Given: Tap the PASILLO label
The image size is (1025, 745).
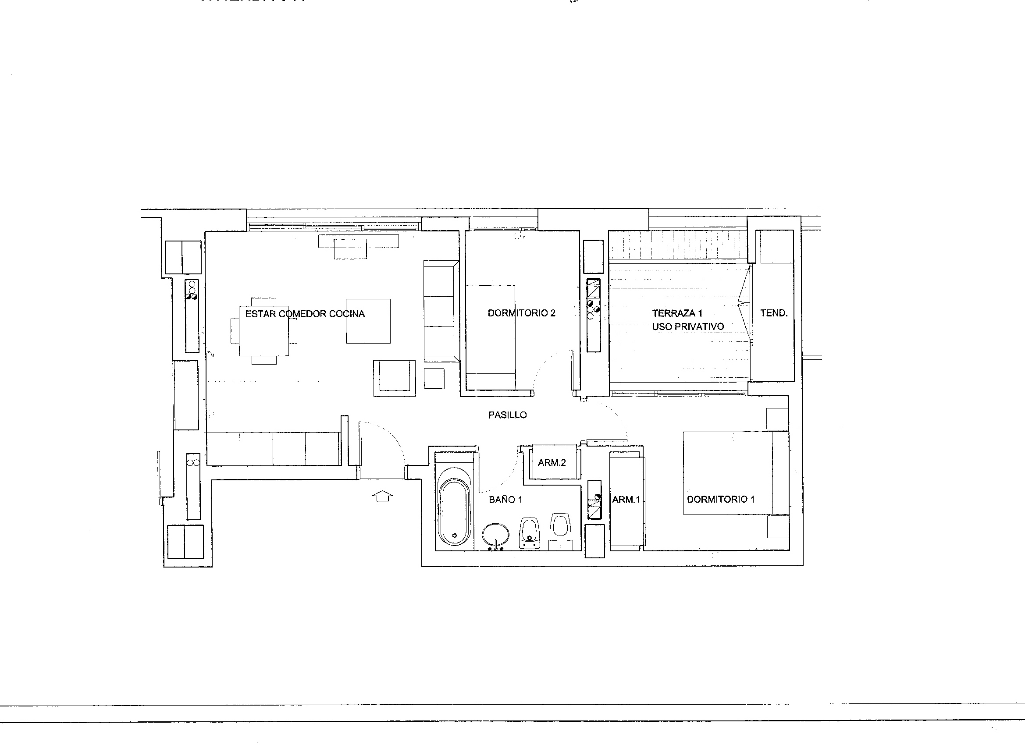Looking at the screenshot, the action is tap(508, 415).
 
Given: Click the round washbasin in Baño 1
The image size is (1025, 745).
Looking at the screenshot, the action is tap(496, 536).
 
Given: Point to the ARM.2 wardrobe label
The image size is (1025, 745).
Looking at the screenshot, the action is tap(552, 463).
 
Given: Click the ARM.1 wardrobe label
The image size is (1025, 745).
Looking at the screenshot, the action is tap(626, 500).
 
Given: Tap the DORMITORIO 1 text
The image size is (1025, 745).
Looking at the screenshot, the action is tap(720, 499).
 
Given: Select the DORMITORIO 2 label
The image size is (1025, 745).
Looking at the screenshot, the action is tap(521, 313).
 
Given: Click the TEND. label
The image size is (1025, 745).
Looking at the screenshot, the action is tap(774, 312).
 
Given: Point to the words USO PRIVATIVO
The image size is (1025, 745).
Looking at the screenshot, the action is tap(688, 326).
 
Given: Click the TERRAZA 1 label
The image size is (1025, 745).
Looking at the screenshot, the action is tap(677, 313).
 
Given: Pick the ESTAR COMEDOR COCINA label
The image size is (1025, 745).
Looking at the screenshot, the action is tap(305, 313).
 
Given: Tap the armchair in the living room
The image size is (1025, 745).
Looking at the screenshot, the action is tap(395, 378).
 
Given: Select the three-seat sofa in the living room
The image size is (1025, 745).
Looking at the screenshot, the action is tap(441, 311).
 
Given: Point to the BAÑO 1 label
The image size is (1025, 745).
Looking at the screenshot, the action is tap(506, 500).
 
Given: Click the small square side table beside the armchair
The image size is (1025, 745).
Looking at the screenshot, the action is tap(434, 378).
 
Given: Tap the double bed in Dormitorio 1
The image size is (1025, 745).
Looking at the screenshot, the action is tap(736, 473).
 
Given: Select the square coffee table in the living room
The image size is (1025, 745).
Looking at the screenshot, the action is tap(368, 321).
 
